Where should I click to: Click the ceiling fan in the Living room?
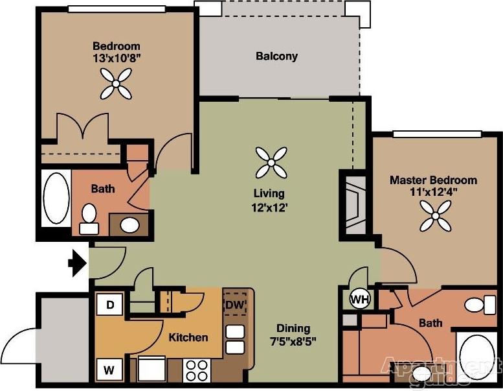coord(271,162)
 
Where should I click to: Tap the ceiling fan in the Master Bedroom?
coord(435,215)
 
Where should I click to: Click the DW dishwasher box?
coord(235,304)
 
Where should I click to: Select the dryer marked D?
coord(110,305)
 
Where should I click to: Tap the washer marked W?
coord(110,370)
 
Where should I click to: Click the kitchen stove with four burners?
coord(196,370)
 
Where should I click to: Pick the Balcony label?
coord(276,56)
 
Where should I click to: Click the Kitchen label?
coord(188,337)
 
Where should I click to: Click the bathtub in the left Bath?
coord(56,197)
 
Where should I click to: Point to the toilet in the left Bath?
coord(89,219)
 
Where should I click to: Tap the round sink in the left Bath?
coord(130,225)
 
